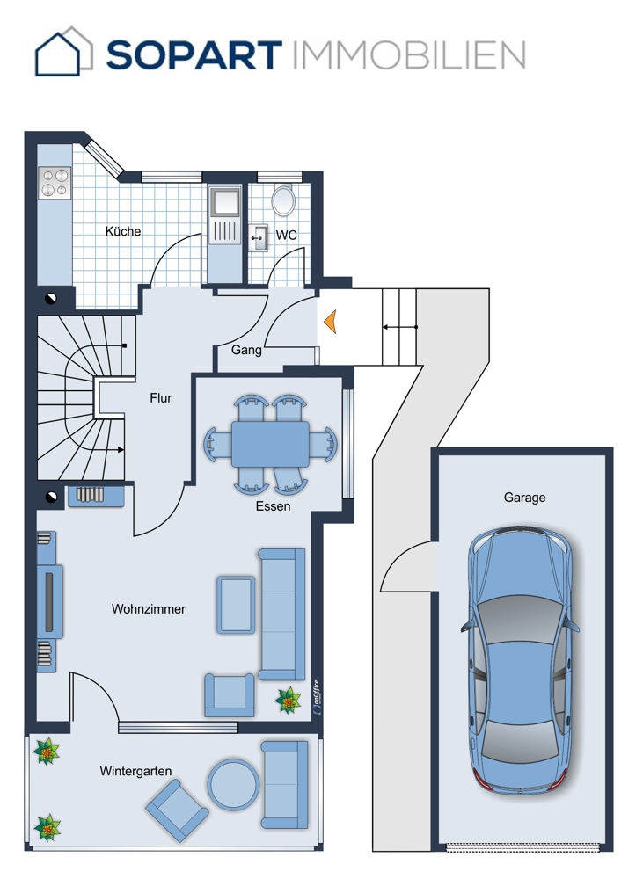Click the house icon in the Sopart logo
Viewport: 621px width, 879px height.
click(x=62, y=52)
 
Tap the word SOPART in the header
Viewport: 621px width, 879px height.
click(x=194, y=54)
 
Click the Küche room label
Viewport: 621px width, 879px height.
click(x=123, y=231)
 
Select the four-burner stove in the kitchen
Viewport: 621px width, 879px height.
click(x=55, y=183)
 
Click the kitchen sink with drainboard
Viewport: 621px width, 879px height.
click(x=224, y=216)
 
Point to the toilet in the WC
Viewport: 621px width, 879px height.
click(x=283, y=200)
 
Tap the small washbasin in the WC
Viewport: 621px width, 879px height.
click(x=258, y=238)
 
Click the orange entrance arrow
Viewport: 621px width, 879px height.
click(x=330, y=322)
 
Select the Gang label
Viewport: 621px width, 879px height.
click(x=246, y=350)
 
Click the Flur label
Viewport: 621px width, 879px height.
click(x=160, y=398)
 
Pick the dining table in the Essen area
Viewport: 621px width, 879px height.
click(x=270, y=444)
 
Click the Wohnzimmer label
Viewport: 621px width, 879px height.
click(x=148, y=609)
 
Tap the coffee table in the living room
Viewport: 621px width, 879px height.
click(x=236, y=605)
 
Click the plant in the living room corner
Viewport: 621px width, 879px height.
click(x=288, y=701)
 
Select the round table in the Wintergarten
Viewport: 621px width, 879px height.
click(x=233, y=784)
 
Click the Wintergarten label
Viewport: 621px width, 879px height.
click(x=135, y=772)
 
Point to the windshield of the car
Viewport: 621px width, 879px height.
click(x=519, y=618)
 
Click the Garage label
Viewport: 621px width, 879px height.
click(x=524, y=498)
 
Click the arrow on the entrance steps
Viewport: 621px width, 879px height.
click(x=400, y=327)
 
